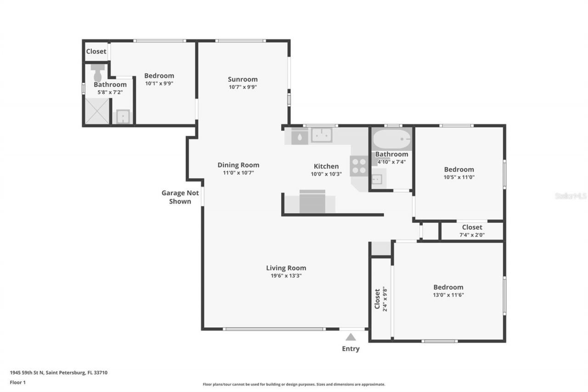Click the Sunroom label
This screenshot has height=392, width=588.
[x=243, y=79]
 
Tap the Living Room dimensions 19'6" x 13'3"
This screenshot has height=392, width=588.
[x=286, y=276]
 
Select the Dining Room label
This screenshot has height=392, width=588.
[x=238, y=165]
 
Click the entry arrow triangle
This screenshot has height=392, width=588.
[x=351, y=337]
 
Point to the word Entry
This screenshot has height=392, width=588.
[x=351, y=349]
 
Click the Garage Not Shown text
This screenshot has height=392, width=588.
[x=180, y=197]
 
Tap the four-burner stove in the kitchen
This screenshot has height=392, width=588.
[x=359, y=166]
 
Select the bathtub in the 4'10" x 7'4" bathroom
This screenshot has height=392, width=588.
[x=391, y=138]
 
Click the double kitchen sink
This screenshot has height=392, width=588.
[x=322, y=135]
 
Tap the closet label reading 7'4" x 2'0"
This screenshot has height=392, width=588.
[x=472, y=235]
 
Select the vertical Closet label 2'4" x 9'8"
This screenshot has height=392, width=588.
[x=381, y=299]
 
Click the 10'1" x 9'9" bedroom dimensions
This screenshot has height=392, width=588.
[x=159, y=84]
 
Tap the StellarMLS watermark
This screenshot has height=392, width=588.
[x=571, y=196]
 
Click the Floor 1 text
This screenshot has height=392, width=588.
[x=17, y=382]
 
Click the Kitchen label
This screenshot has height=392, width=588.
[x=326, y=166]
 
